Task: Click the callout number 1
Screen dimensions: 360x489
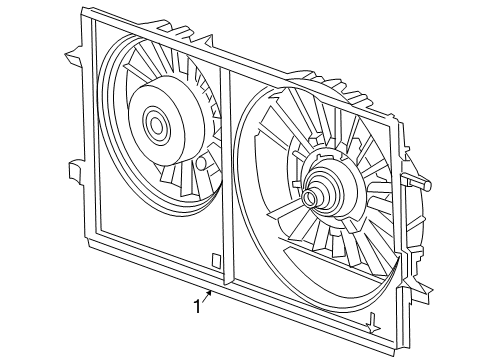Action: [x=197, y=306]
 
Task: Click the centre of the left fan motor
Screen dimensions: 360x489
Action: [x=157, y=125]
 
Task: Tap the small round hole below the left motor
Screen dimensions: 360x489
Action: [x=202, y=161]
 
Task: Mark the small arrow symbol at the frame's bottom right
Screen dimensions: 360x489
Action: [x=372, y=322]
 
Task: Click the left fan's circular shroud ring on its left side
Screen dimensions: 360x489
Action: [x=104, y=120]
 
